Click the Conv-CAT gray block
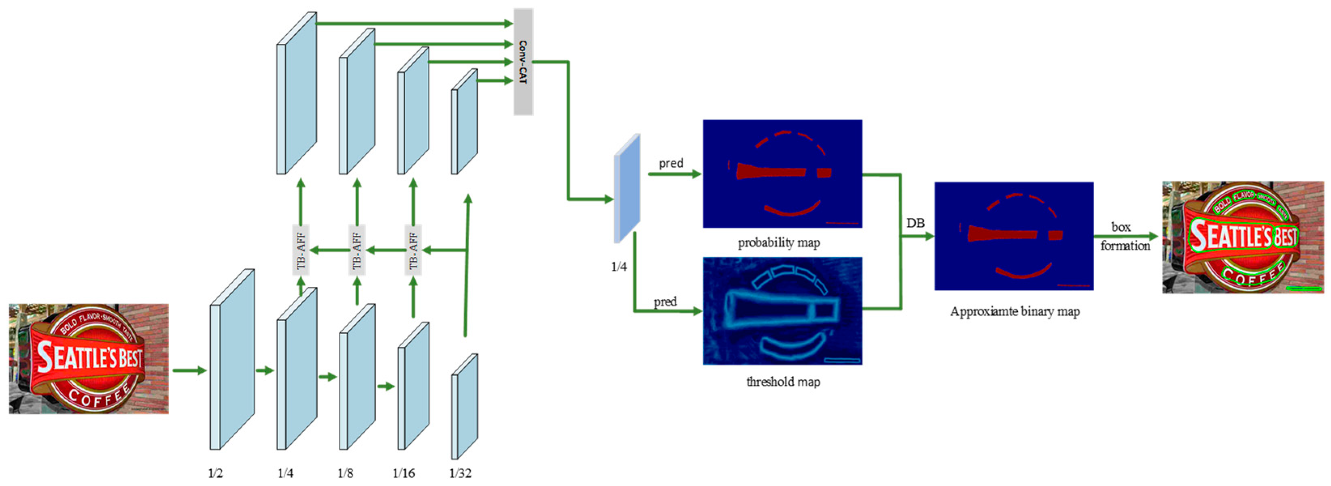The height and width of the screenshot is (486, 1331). pyautogui.click(x=523, y=62)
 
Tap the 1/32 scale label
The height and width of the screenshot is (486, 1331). pyautogui.click(x=460, y=473)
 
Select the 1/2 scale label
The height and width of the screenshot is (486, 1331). pyautogui.click(x=215, y=473)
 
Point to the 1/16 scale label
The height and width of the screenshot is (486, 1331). pyautogui.click(x=403, y=473)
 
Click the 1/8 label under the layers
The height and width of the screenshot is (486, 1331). pyautogui.click(x=345, y=473)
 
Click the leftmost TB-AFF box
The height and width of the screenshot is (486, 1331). pyautogui.click(x=301, y=250)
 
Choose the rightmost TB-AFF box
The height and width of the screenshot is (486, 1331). pyautogui.click(x=413, y=250)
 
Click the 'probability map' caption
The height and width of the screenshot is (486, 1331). pyautogui.click(x=779, y=243)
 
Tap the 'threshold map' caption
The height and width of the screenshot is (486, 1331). pyautogui.click(x=783, y=382)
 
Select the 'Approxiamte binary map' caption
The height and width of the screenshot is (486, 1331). pyautogui.click(x=1015, y=311)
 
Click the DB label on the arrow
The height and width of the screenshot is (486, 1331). pyautogui.click(x=915, y=223)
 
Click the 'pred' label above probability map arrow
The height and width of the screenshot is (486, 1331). pyautogui.click(x=671, y=163)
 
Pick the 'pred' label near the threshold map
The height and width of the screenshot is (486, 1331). pyautogui.click(x=665, y=301)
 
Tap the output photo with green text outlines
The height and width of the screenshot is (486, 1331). pyautogui.click(x=1243, y=237)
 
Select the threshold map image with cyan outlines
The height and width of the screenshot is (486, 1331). pyautogui.click(x=782, y=311)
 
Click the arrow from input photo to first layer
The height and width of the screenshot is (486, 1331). pyautogui.click(x=189, y=370)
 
